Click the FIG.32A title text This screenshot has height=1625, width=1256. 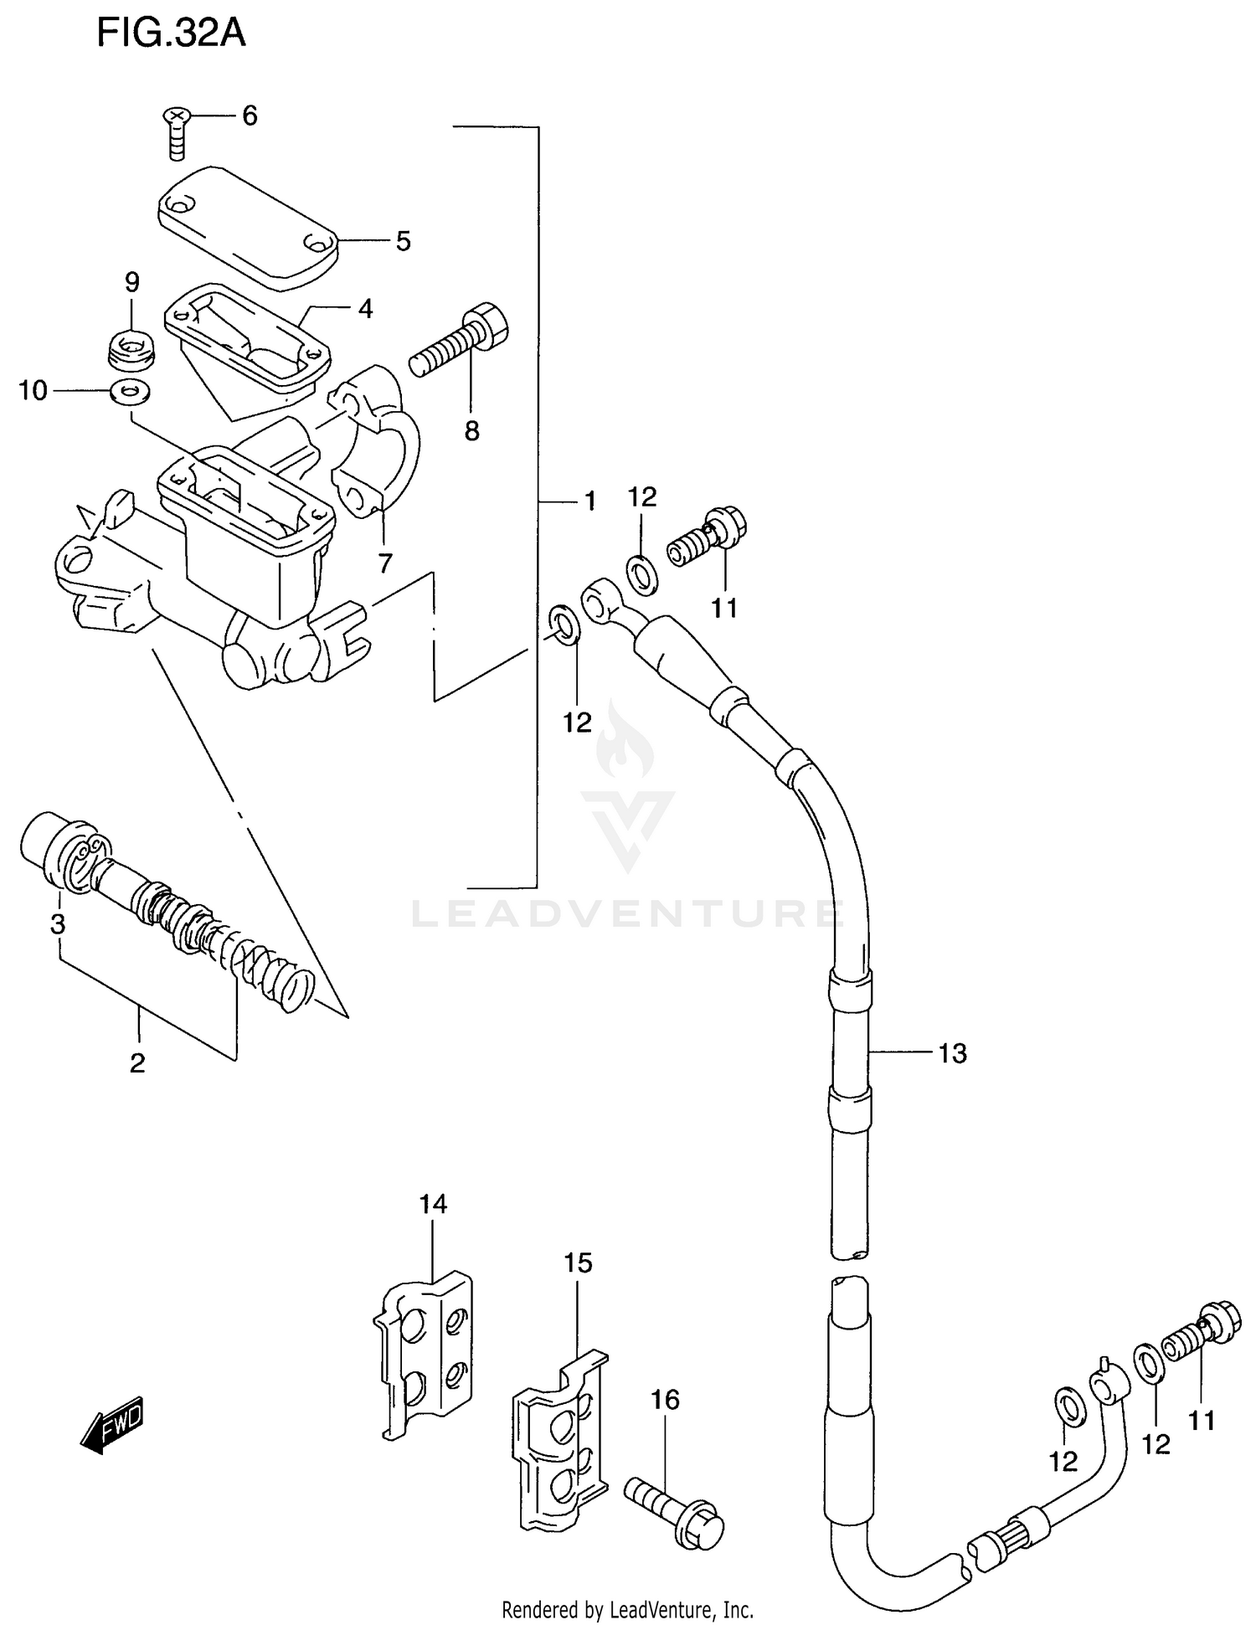(171, 33)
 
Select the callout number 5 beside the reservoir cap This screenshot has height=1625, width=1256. (403, 242)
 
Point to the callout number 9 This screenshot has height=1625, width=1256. (132, 282)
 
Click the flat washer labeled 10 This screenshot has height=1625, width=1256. (130, 390)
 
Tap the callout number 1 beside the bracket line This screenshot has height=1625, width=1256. (589, 501)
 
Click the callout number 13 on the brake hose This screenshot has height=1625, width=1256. (952, 1053)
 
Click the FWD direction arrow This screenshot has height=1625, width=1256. (114, 1424)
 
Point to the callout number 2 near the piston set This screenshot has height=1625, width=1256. (137, 1063)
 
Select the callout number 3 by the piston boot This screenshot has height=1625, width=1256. (58, 924)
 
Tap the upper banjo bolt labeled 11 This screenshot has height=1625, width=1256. (708, 537)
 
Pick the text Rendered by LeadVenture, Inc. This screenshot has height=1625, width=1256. (627, 1609)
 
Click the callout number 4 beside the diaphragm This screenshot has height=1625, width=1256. (365, 309)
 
